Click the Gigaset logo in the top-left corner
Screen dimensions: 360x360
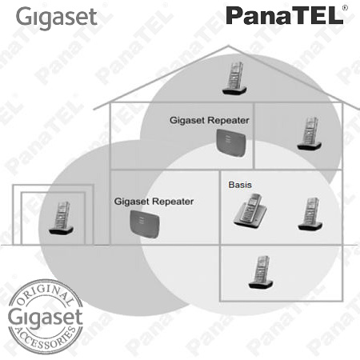pyautogui.click(x=56, y=18)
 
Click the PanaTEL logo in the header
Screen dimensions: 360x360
pyautogui.click(x=285, y=16)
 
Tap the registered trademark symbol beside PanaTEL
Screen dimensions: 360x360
pyautogui.click(x=346, y=8)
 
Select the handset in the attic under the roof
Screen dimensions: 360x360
pyautogui.click(x=234, y=78)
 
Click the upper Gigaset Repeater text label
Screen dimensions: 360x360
pyautogui.click(x=210, y=120)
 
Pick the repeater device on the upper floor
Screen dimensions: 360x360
pyautogui.click(x=231, y=142)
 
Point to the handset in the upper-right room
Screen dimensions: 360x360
pyautogui.click(x=310, y=133)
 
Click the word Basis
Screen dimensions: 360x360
pyautogui.click(x=240, y=185)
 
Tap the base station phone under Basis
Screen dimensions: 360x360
pyautogui.click(x=250, y=210)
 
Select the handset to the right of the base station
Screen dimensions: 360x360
pyautogui.click(x=310, y=214)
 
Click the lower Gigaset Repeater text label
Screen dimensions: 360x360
pyautogui.click(x=154, y=202)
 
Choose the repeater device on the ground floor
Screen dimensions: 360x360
pyautogui.click(x=145, y=224)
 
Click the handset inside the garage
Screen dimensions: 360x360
pyautogui.click(x=61, y=218)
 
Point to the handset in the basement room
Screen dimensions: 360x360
pyautogui.click(x=261, y=272)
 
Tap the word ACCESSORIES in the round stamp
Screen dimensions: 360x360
pyautogui.click(x=46, y=338)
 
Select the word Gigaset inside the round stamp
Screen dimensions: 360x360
pyautogui.click(x=46, y=318)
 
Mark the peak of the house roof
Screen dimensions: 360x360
pyautogui.click(x=228, y=46)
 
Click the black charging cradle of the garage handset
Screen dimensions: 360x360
pyautogui.click(x=61, y=230)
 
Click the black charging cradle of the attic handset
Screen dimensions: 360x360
pyautogui.click(x=234, y=90)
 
